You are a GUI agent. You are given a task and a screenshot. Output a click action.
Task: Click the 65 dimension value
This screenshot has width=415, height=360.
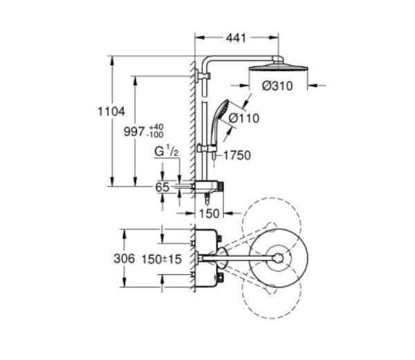tap(162, 187)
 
